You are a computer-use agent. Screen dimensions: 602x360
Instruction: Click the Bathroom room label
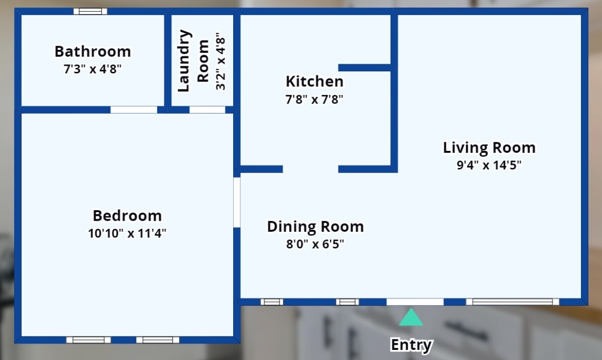tap(92, 51)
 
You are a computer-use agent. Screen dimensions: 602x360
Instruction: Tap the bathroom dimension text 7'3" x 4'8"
tap(92, 69)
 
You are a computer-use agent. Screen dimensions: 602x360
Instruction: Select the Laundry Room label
tap(193, 61)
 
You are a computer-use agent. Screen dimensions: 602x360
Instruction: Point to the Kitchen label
tap(315, 81)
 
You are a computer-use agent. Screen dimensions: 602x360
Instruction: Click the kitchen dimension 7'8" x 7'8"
tap(315, 100)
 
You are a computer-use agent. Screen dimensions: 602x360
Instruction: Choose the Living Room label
tap(489, 147)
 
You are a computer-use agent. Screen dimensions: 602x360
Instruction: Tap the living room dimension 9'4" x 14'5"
tap(489, 165)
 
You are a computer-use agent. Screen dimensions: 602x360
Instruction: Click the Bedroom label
tap(127, 216)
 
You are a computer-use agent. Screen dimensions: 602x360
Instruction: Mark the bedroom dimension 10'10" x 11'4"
tap(127, 233)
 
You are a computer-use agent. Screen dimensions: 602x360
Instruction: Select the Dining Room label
tap(315, 227)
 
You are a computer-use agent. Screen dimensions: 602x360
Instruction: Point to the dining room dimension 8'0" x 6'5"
tap(315, 244)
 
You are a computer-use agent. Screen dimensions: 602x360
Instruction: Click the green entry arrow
tap(411, 317)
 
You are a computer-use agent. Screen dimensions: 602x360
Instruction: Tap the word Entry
tap(411, 344)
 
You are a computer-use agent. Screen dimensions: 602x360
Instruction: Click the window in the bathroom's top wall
tap(90, 12)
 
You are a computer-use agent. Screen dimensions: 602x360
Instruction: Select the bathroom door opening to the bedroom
tap(134, 110)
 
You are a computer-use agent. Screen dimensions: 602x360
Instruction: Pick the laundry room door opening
tap(208, 110)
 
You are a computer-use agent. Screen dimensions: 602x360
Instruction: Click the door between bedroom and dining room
tap(237, 202)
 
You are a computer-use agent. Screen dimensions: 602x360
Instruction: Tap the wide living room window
tap(513, 302)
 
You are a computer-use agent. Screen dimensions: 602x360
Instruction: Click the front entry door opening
tap(415, 302)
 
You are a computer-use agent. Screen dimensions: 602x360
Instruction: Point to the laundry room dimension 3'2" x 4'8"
tap(221, 61)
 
